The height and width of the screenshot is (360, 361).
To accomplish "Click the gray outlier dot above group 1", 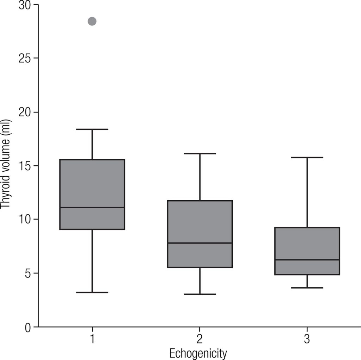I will click(x=92, y=22).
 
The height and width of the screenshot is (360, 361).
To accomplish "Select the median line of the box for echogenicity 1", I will click(x=92, y=207).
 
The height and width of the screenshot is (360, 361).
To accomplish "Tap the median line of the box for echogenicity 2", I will click(x=200, y=243).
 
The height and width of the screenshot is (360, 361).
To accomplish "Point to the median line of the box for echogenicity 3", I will click(x=307, y=260).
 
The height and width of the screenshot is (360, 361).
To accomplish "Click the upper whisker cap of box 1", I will click(x=92, y=129).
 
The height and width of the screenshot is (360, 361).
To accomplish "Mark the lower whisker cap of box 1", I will click(x=92, y=292).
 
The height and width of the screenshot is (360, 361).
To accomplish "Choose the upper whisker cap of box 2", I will click(x=200, y=154).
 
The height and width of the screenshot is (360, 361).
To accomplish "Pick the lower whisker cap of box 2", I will click(x=200, y=294).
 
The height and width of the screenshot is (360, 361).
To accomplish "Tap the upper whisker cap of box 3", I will click(x=307, y=158).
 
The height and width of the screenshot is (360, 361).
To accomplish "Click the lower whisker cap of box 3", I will click(x=307, y=288).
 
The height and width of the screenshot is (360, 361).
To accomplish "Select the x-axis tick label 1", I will click(x=92, y=339).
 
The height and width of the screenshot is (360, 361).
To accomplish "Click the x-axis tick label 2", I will click(x=200, y=339).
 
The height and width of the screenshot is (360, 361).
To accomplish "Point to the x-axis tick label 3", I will click(x=307, y=339).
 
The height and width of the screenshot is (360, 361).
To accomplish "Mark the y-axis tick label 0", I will click(x=27, y=327).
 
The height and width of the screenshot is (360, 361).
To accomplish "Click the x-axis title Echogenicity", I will click(x=198, y=353).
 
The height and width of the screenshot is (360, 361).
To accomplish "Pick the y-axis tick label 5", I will click(x=27, y=274).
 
